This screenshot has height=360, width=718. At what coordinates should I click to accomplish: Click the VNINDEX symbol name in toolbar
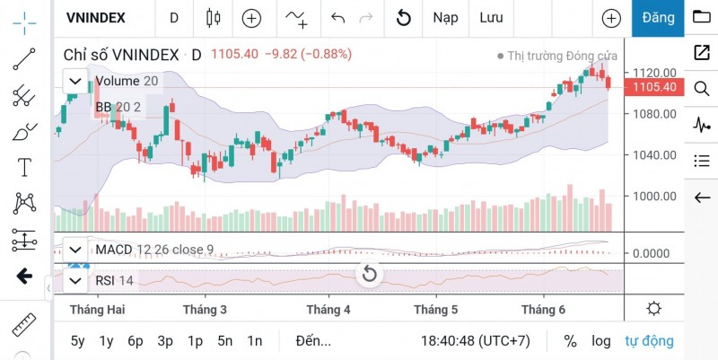pos(96,17)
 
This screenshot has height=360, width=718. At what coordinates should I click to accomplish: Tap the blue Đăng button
pos(658,17)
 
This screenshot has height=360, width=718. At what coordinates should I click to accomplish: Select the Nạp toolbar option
pos(445,17)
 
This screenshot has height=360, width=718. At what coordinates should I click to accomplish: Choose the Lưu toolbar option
pos(491,17)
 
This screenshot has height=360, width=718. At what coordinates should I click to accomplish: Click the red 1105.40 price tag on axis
pos(654,87)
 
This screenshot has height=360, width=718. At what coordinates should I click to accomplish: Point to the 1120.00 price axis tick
pos(653,73)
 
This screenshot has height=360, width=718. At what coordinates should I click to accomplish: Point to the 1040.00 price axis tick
pos(653,154)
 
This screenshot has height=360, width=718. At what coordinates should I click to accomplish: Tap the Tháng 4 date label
pos(328,309)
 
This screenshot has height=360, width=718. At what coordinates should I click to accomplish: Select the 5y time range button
pos(78,341)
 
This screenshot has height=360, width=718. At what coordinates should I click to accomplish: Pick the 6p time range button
pos(136,341)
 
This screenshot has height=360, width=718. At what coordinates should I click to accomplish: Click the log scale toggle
pos(601,341)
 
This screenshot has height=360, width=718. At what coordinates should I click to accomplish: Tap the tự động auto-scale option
pos(649,341)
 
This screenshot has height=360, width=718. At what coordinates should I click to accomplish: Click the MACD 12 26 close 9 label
pos(154,249)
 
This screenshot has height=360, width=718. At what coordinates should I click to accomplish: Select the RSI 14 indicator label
pos(114,281)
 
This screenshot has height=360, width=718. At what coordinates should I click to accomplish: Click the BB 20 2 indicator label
pos(118,107)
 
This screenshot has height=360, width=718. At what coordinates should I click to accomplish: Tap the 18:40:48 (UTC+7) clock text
pos(476,341)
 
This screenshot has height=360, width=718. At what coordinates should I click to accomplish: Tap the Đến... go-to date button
pos(313,341)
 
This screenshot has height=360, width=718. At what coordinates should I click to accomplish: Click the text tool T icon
pos(24,166)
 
